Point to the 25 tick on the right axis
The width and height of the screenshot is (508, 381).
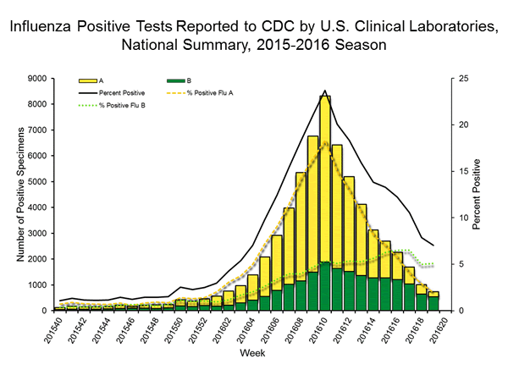tap(454, 78)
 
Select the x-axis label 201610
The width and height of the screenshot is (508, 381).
tap(324, 335)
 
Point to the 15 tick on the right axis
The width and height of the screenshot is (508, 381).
tap(454, 171)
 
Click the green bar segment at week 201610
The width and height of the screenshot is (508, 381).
tap(325, 286)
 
